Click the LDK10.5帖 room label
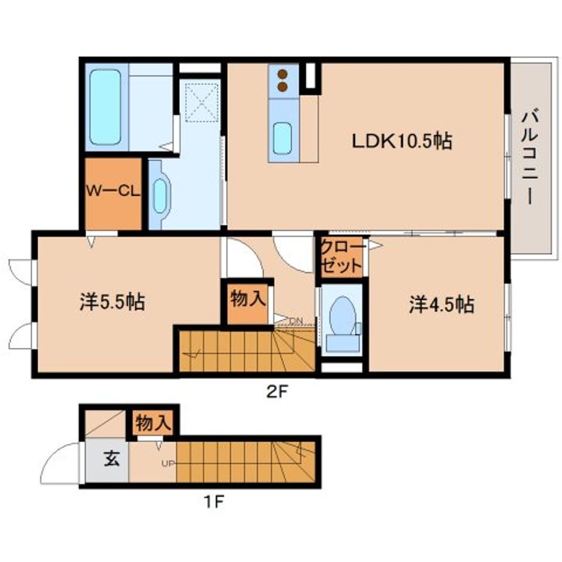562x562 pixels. click(402, 140)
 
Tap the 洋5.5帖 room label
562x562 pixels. click(112, 302)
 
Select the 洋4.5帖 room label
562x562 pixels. click(442, 305)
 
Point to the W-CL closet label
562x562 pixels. click(112, 190)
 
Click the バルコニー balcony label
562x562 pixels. click(530, 158)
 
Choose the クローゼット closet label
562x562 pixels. click(342, 257)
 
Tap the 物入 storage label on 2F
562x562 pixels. click(248, 298)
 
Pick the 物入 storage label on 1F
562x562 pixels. click(154, 423)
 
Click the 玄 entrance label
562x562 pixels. click(112, 458)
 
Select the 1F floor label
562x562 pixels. click(214, 502)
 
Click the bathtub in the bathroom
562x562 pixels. click(105, 107)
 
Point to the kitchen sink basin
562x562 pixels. click(283, 138)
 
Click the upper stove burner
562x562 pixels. click(283, 74)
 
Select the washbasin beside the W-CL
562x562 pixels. click(160, 196)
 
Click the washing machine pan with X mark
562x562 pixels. click(202, 102)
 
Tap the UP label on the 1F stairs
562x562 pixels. click(168, 464)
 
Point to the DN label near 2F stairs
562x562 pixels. click(296, 320)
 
